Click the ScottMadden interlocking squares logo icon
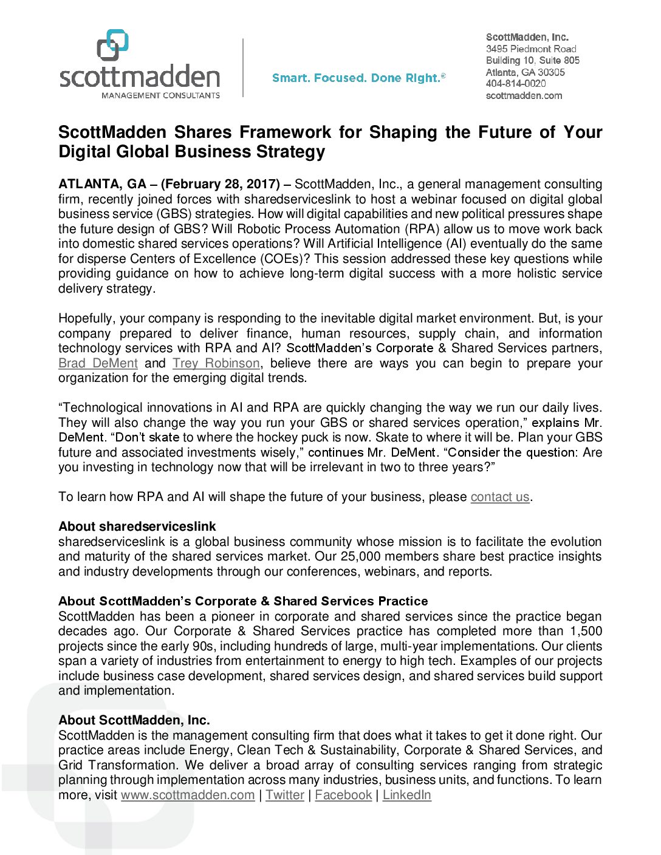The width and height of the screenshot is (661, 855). pyautogui.click(x=112, y=45)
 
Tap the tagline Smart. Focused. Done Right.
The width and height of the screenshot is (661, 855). pyautogui.click(x=358, y=78)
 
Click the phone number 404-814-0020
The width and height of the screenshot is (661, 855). pyautogui.click(x=515, y=84)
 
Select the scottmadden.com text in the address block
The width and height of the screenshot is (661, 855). pyautogui.click(x=524, y=95)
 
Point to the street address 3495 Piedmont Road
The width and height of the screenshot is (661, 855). pyautogui.click(x=530, y=49)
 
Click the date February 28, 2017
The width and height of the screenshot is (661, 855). pyautogui.click(x=221, y=184)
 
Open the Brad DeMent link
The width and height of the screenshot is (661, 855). pyautogui.click(x=98, y=363)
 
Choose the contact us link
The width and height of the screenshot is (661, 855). pyautogui.click(x=500, y=497)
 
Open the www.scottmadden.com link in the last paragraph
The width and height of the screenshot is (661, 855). pyautogui.click(x=188, y=795)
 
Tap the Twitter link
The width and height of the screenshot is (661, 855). pyautogui.click(x=284, y=795)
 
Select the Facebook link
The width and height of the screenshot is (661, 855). pyautogui.click(x=343, y=795)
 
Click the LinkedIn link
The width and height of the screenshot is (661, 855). pyautogui.click(x=406, y=795)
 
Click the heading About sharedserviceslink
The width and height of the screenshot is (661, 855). pyautogui.click(x=137, y=526)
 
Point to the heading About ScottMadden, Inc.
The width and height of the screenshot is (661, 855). pyautogui.click(x=134, y=720)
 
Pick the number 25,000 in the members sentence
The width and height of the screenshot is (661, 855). pyautogui.click(x=360, y=556)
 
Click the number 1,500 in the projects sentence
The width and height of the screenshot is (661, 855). pyautogui.click(x=586, y=631)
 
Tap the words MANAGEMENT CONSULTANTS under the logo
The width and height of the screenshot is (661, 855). pyautogui.click(x=160, y=95)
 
